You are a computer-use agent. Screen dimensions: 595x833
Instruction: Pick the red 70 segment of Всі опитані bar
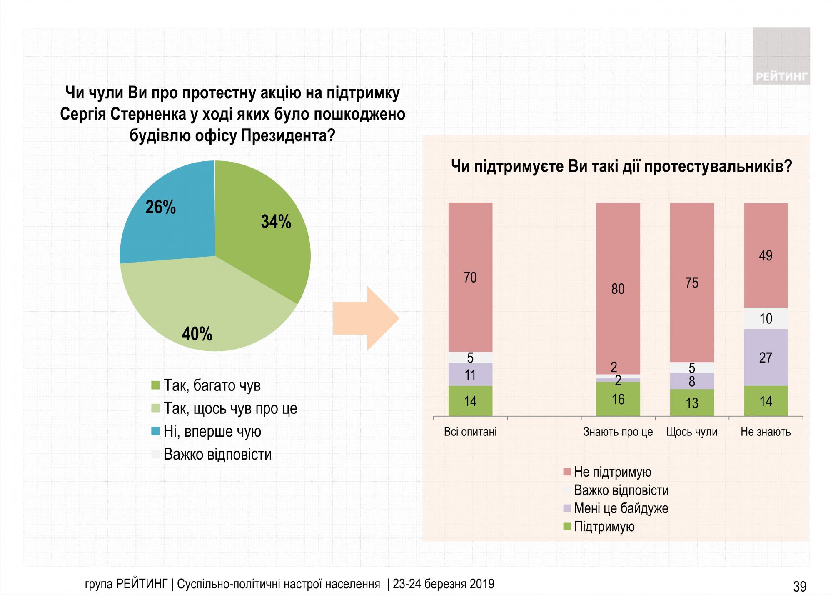coord(470,277)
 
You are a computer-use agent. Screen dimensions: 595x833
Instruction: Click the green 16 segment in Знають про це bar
coord(618,399)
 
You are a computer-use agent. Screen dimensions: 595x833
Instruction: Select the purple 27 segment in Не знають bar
coord(766,357)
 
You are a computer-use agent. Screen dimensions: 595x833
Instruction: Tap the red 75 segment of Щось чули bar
coord(692,282)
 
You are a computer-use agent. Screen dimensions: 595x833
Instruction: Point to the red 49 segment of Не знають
coord(766,255)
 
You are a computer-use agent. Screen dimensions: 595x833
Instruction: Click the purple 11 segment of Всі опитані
coord(470,375)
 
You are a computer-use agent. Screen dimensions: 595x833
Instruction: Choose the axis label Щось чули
coord(692,432)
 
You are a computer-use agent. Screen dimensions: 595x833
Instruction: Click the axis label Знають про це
coord(618,432)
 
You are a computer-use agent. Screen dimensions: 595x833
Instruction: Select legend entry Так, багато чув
coord(212,385)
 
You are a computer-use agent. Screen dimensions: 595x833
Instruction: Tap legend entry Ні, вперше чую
coord(212,431)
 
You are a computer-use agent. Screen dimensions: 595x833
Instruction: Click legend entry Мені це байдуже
coord(621,508)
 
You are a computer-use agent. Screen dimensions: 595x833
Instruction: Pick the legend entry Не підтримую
coord(612,472)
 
